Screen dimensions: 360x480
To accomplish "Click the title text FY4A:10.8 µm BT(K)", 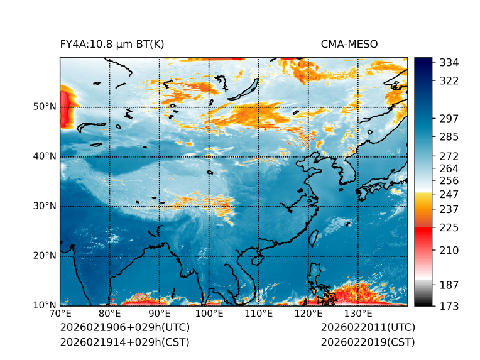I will tap(112, 44).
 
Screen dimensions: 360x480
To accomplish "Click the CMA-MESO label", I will tap(349, 44).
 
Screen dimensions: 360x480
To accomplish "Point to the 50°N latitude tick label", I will tap(45, 107).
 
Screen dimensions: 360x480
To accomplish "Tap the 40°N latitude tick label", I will tap(45, 156).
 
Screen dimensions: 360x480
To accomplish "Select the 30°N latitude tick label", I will tap(45, 206).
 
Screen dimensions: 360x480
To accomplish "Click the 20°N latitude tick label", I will tap(45, 256).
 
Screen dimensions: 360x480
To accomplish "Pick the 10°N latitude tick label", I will tap(45, 305).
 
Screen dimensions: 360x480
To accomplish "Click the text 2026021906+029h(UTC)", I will tap(124, 328).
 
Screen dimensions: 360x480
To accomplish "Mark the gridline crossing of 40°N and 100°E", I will tap(209, 156).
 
